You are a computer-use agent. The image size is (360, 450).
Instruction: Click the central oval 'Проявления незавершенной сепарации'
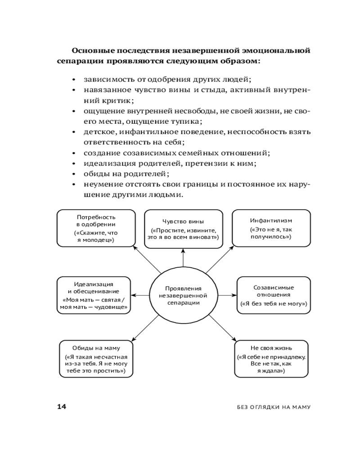point(183,295)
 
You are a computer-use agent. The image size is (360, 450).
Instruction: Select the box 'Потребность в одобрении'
point(96,229)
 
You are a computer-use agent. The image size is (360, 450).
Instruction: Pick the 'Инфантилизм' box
point(271,229)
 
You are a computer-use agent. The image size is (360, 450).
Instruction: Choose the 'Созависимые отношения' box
point(274,295)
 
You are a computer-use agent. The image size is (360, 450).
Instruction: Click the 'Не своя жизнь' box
point(272,359)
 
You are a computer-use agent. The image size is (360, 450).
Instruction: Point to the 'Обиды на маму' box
point(96,359)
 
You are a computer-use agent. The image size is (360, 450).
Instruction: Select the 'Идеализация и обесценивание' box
point(94,295)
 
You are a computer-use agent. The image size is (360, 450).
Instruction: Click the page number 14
point(61,407)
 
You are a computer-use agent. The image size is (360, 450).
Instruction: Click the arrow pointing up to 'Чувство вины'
point(183,259)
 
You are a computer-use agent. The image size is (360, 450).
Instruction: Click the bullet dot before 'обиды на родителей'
point(74,174)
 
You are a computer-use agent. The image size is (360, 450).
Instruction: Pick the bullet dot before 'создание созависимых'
point(74,153)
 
